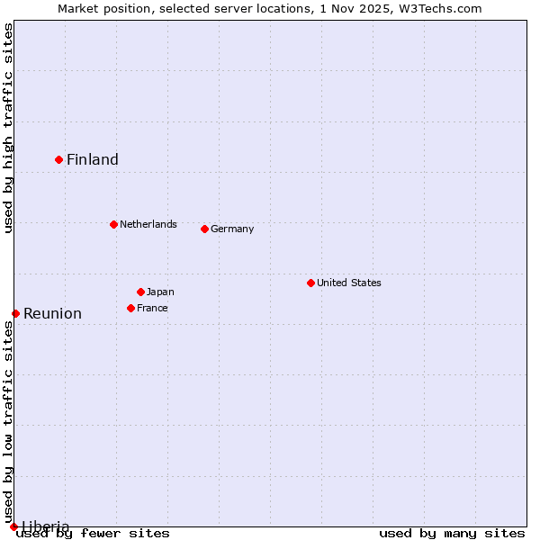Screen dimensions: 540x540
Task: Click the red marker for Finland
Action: pyautogui.click(x=59, y=159)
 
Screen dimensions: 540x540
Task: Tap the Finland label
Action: pyautogui.click(x=93, y=160)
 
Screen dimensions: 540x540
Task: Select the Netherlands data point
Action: pyautogui.click(x=113, y=224)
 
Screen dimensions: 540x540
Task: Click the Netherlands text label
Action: pyautogui.click(x=148, y=224)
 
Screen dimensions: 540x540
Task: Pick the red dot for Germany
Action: pyautogui.click(x=204, y=229)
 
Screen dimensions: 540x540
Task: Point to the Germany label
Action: pyautogui.click(x=232, y=229)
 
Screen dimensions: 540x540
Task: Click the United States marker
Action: pyautogui.click(x=310, y=283)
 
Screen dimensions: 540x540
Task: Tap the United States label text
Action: pyautogui.click(x=349, y=283)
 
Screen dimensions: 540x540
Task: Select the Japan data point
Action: pyautogui.click(x=140, y=292)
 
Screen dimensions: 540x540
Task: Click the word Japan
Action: pyautogui.click(x=160, y=292)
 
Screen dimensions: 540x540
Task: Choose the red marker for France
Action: pyautogui.click(x=130, y=308)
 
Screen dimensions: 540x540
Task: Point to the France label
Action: pyautogui.click(x=152, y=308)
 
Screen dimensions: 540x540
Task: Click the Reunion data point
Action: pyautogui.click(x=15, y=313)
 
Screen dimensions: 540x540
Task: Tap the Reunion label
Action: pyautogui.click(x=52, y=314)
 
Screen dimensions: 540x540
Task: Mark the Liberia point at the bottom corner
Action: pyautogui.click(x=13, y=526)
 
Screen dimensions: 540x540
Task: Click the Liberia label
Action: pyautogui.click(x=45, y=526)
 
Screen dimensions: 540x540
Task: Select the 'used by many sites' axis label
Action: pyautogui.click(x=452, y=534)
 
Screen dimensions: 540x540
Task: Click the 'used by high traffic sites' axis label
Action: pyautogui.click(x=8, y=129)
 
